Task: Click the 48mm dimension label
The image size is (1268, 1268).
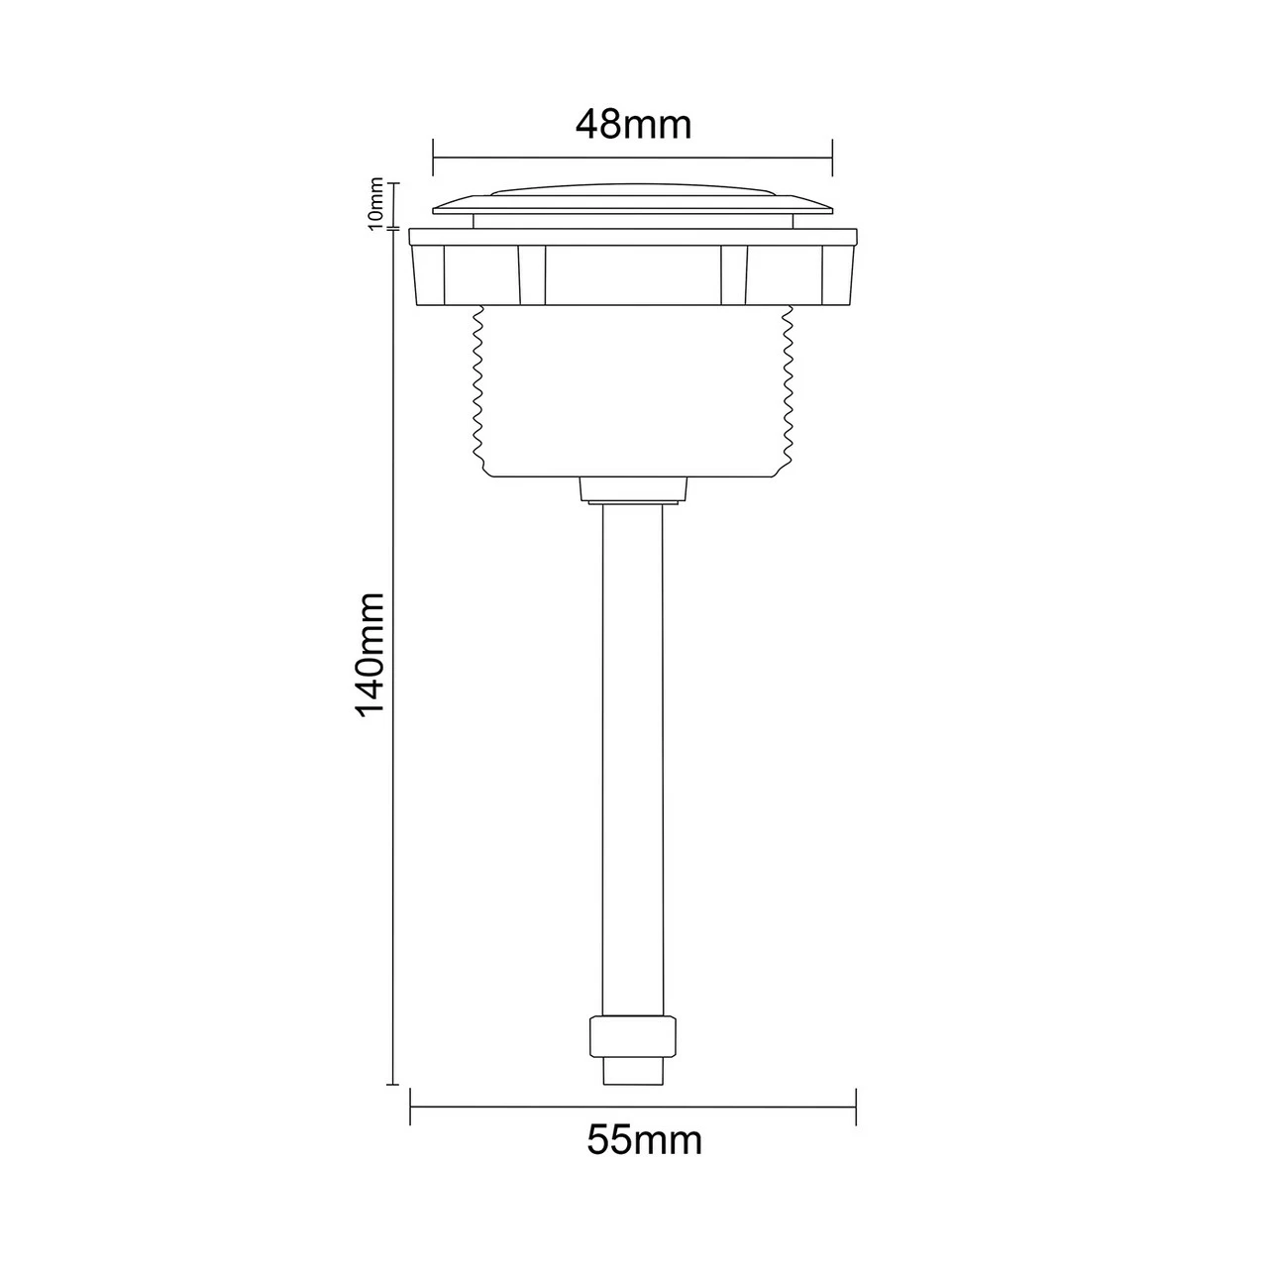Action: (633, 125)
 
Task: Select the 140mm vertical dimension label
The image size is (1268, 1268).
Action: (370, 656)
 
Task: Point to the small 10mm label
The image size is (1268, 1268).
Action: (375, 203)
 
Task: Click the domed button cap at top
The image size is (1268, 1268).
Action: (632, 199)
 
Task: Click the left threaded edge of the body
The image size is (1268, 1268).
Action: (479, 388)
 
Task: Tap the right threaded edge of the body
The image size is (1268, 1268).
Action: (787, 388)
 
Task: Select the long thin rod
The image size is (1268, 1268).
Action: (633, 760)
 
